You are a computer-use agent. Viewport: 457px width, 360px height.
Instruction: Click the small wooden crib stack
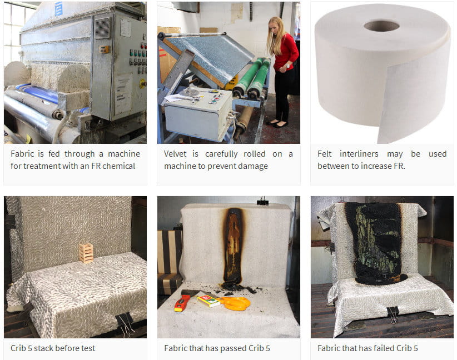pyautogui.click(x=86, y=253)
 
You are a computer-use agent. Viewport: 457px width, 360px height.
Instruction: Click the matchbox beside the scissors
pyautogui.click(x=208, y=301)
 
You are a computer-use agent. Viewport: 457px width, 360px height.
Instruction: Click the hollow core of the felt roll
pyautogui.click(x=381, y=26)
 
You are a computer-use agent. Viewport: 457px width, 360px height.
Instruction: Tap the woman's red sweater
pyautogui.click(x=286, y=52)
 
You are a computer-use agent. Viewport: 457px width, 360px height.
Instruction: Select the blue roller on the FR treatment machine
pyautogui.click(x=38, y=93)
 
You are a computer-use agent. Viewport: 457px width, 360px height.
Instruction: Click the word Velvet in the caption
pyautogui.click(x=175, y=153)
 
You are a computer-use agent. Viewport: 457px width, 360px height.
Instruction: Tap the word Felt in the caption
pyautogui.click(x=324, y=153)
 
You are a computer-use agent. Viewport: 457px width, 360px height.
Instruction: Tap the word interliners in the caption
pyautogui.click(x=359, y=153)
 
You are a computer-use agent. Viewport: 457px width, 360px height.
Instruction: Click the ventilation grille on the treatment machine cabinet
pyautogui.click(x=103, y=28)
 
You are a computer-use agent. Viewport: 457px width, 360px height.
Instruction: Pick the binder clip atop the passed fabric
pyautogui.click(x=262, y=202)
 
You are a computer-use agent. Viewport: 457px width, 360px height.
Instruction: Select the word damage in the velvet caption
pyautogui.click(x=253, y=166)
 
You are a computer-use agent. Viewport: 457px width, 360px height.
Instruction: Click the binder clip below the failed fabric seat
pyautogui.click(x=393, y=314)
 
